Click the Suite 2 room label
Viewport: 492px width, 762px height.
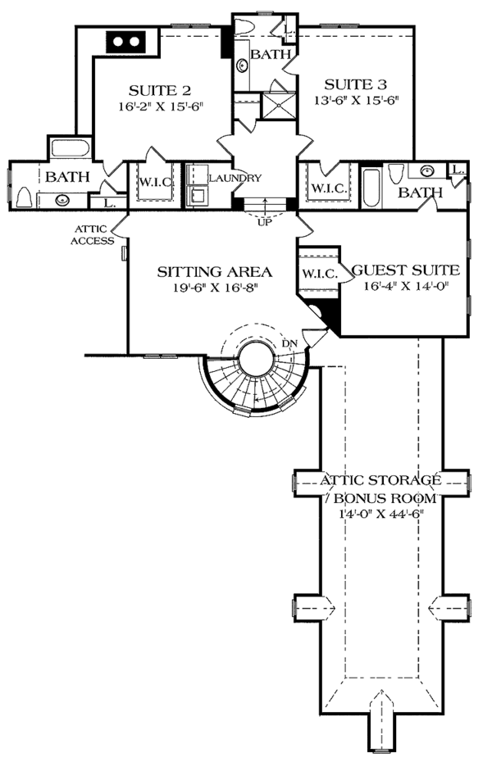159,90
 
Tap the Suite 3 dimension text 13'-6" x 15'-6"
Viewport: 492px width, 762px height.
356,100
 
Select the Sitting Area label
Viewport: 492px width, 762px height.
214,272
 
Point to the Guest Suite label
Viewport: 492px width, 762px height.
405,270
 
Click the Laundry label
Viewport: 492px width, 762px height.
235,179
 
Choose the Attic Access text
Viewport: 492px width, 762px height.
92,234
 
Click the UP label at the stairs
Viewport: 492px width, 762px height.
265,223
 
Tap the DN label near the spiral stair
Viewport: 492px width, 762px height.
289,343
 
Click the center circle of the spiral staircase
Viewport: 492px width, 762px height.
256,359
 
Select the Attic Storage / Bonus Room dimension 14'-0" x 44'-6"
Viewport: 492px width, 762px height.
382,514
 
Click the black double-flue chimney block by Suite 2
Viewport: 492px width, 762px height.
126,41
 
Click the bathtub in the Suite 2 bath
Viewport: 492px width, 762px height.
71,148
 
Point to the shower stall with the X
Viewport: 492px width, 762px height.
279,106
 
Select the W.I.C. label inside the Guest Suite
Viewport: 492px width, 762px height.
320,274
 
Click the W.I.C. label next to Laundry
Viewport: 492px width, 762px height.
156,182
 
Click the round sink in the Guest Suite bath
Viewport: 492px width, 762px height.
428,170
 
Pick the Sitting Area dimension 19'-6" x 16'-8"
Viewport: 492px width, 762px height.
215,288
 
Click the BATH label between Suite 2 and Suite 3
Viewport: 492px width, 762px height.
271,54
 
